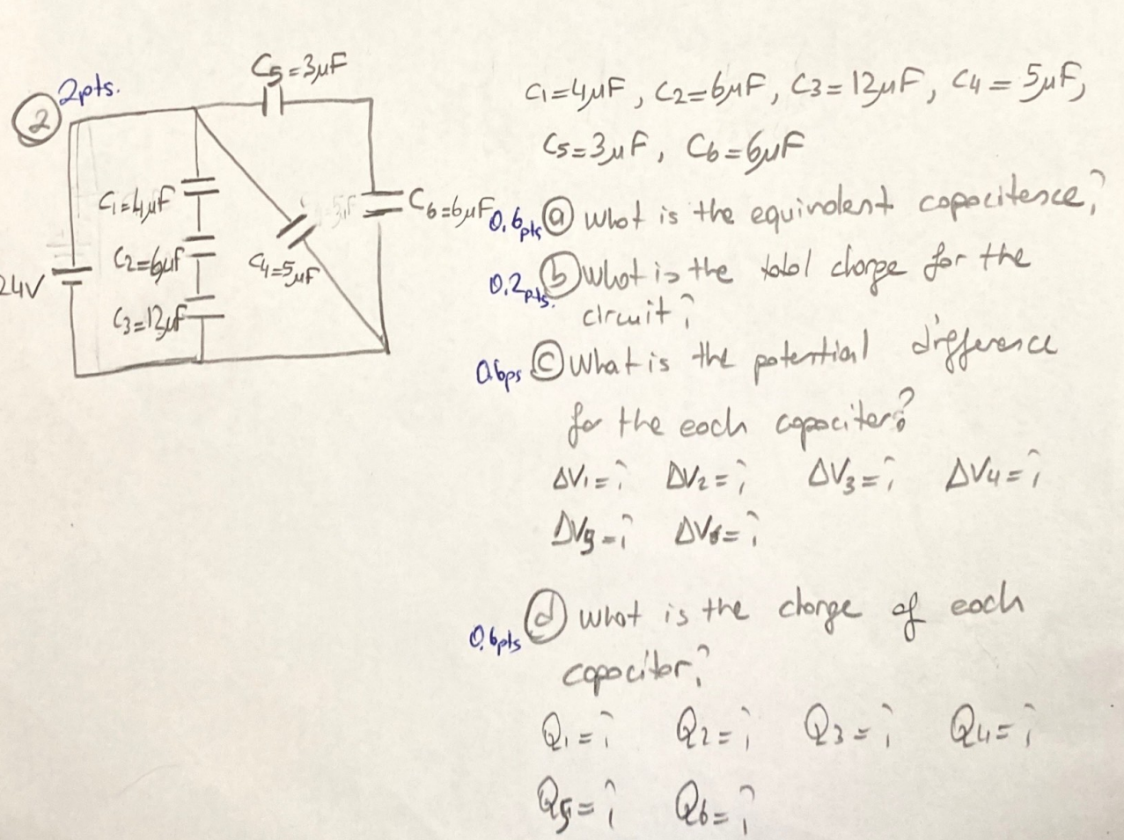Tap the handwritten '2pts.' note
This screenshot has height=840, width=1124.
coord(87,91)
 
